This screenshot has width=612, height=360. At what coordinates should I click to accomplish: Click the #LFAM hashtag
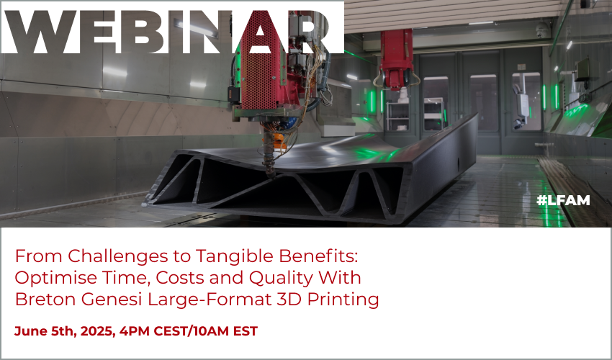pyautogui.click(x=563, y=200)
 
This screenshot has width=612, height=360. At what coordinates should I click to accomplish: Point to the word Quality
pyautogui.click(x=281, y=279)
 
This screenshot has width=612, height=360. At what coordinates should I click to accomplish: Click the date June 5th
pyautogui.click(x=45, y=331)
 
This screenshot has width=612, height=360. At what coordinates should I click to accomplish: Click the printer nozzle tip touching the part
pyautogui.click(x=270, y=174)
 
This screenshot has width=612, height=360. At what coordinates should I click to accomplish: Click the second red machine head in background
pyautogui.click(x=397, y=59)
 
